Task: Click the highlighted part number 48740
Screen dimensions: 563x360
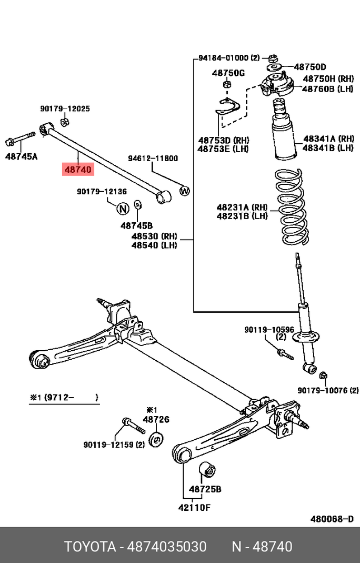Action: point(78,170)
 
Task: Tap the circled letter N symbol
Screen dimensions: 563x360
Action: point(122,209)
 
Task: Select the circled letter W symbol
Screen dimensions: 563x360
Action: point(184,191)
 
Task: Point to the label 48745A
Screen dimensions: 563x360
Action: point(22,156)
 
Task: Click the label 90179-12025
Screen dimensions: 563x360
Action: point(65,109)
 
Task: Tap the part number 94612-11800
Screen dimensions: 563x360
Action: point(153,158)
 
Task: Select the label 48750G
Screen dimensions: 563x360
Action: point(228,73)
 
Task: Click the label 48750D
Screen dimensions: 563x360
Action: point(310,67)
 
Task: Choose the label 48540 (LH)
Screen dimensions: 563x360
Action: point(154,245)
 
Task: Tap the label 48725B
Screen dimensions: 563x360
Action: point(205,489)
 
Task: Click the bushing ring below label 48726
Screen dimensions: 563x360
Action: point(156,439)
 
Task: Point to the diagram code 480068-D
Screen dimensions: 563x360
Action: point(332,519)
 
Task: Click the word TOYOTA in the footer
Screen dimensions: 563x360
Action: point(90,546)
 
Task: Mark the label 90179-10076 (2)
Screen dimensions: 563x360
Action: point(328,390)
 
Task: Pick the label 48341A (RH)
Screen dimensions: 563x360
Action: point(328,139)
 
